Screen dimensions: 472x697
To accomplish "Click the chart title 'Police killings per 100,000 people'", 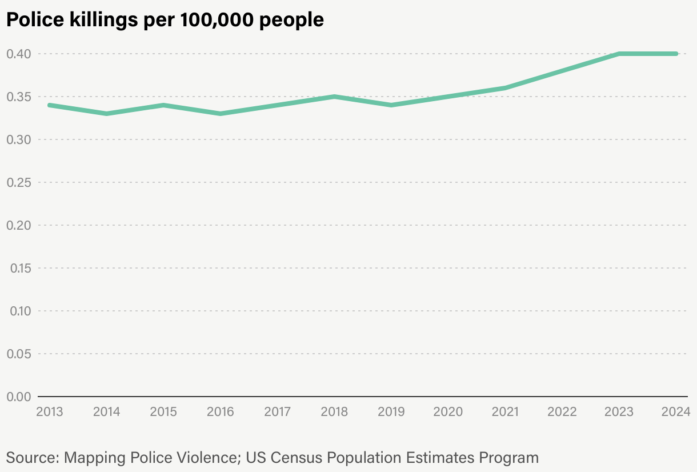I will [165, 20].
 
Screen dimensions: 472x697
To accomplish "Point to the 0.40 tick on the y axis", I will [18, 54].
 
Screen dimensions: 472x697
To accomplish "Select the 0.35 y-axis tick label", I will [18, 97].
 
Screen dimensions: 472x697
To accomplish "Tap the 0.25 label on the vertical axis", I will [18, 182].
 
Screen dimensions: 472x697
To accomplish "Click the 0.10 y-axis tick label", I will [18, 311].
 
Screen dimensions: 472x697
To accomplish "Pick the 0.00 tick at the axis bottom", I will [18, 397].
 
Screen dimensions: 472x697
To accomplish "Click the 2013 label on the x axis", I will [50, 411].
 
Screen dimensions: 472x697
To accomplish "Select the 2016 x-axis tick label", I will [221, 411].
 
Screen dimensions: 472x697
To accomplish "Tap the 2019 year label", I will [391, 411].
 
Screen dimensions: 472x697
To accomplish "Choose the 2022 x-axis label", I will [562, 411].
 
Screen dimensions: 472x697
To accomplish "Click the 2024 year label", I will [676, 411].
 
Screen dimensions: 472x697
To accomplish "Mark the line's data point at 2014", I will [107, 114].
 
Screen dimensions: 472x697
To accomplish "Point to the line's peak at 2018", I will [335, 97].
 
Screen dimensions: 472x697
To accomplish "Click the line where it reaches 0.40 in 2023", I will [619, 54].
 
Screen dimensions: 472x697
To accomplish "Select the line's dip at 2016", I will [221, 114].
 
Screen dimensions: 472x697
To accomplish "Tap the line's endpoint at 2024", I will [676, 54].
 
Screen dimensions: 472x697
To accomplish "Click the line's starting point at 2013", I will [50, 105].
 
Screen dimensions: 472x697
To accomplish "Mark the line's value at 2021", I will [506, 88].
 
